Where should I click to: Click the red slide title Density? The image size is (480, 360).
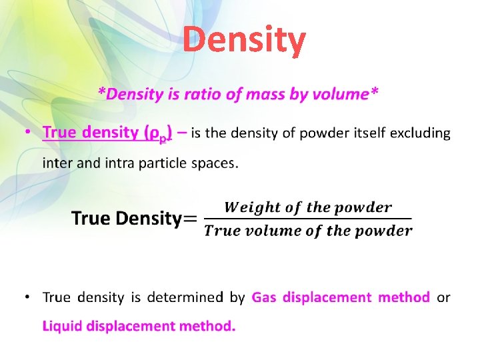[x=245, y=40]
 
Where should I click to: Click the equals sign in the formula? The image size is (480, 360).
[x=190, y=219]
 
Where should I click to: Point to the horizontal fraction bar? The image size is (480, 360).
[x=307, y=219]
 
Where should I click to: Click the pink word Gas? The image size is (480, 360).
[x=265, y=297]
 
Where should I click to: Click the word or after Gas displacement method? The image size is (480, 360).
[x=443, y=297]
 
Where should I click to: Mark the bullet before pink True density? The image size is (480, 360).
[x=26, y=133]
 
